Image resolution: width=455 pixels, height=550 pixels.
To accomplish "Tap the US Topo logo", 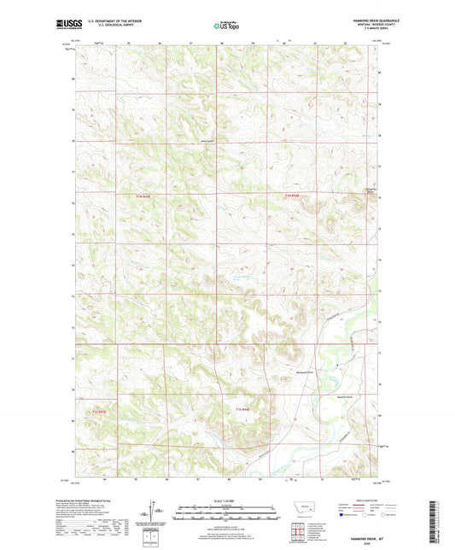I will [x=226, y=27].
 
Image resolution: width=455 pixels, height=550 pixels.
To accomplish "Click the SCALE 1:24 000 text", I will [x=227, y=499].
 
